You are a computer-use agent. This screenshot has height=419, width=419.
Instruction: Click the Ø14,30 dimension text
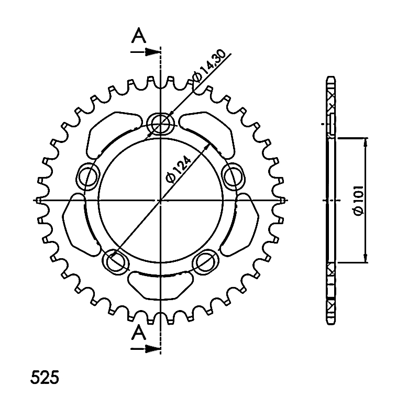208,65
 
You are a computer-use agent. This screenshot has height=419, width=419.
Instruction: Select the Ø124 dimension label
178,170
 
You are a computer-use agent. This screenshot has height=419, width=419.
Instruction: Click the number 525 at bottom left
45,378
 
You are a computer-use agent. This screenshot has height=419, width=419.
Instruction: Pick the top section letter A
139,36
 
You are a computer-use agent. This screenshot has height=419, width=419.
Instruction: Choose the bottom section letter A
139,333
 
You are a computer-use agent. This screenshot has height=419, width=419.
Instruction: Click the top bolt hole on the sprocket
160,124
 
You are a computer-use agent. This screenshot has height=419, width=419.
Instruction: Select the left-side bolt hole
87,177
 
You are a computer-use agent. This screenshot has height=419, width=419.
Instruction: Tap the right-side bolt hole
233,177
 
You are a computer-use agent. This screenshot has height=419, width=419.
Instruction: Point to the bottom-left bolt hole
115,262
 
